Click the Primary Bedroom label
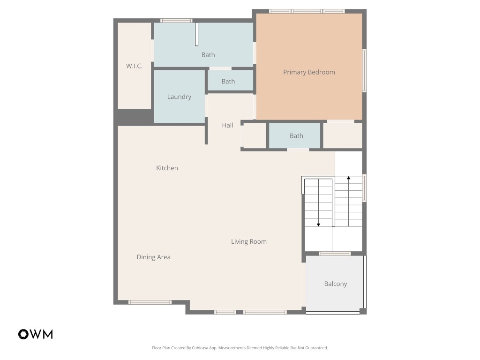pos(309,72)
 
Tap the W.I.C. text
pos(134,66)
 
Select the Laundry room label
pos(179,97)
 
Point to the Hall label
pos(227,125)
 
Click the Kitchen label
pos(167,168)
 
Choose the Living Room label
pos(248,242)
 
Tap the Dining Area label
pos(153,257)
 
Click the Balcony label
pos(336,284)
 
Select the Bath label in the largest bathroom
pos(208,55)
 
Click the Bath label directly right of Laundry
pos(228,82)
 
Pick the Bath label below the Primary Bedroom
pos(296,136)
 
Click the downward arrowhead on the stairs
pos(318,225)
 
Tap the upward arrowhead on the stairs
pos(348,178)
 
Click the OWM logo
pos(36,334)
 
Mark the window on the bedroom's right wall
pos(364,70)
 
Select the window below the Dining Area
pos(150,302)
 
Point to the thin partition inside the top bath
pos(197,34)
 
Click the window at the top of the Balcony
pos(335,254)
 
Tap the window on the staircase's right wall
pos(364,188)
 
